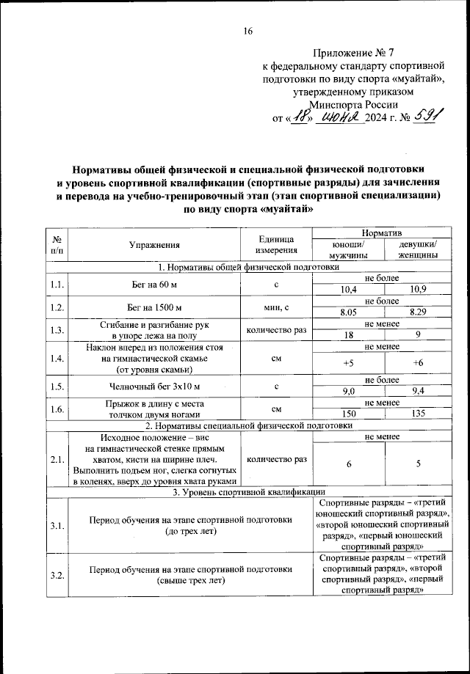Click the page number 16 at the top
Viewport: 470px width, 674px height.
pyautogui.click(x=248, y=31)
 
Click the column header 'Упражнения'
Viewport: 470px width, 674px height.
pyautogui.click(x=154, y=245)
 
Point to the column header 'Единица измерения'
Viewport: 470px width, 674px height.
pyautogui.click(x=276, y=245)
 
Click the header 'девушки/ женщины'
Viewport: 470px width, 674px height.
pyautogui.click(x=415, y=250)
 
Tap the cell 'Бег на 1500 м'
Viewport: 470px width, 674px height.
pyautogui.click(x=154, y=307)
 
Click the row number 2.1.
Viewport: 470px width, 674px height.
pyautogui.click(x=56, y=459)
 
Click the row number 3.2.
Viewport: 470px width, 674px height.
pyautogui.click(x=56, y=574)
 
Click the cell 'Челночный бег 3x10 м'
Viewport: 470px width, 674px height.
pyautogui.click(x=154, y=385)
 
